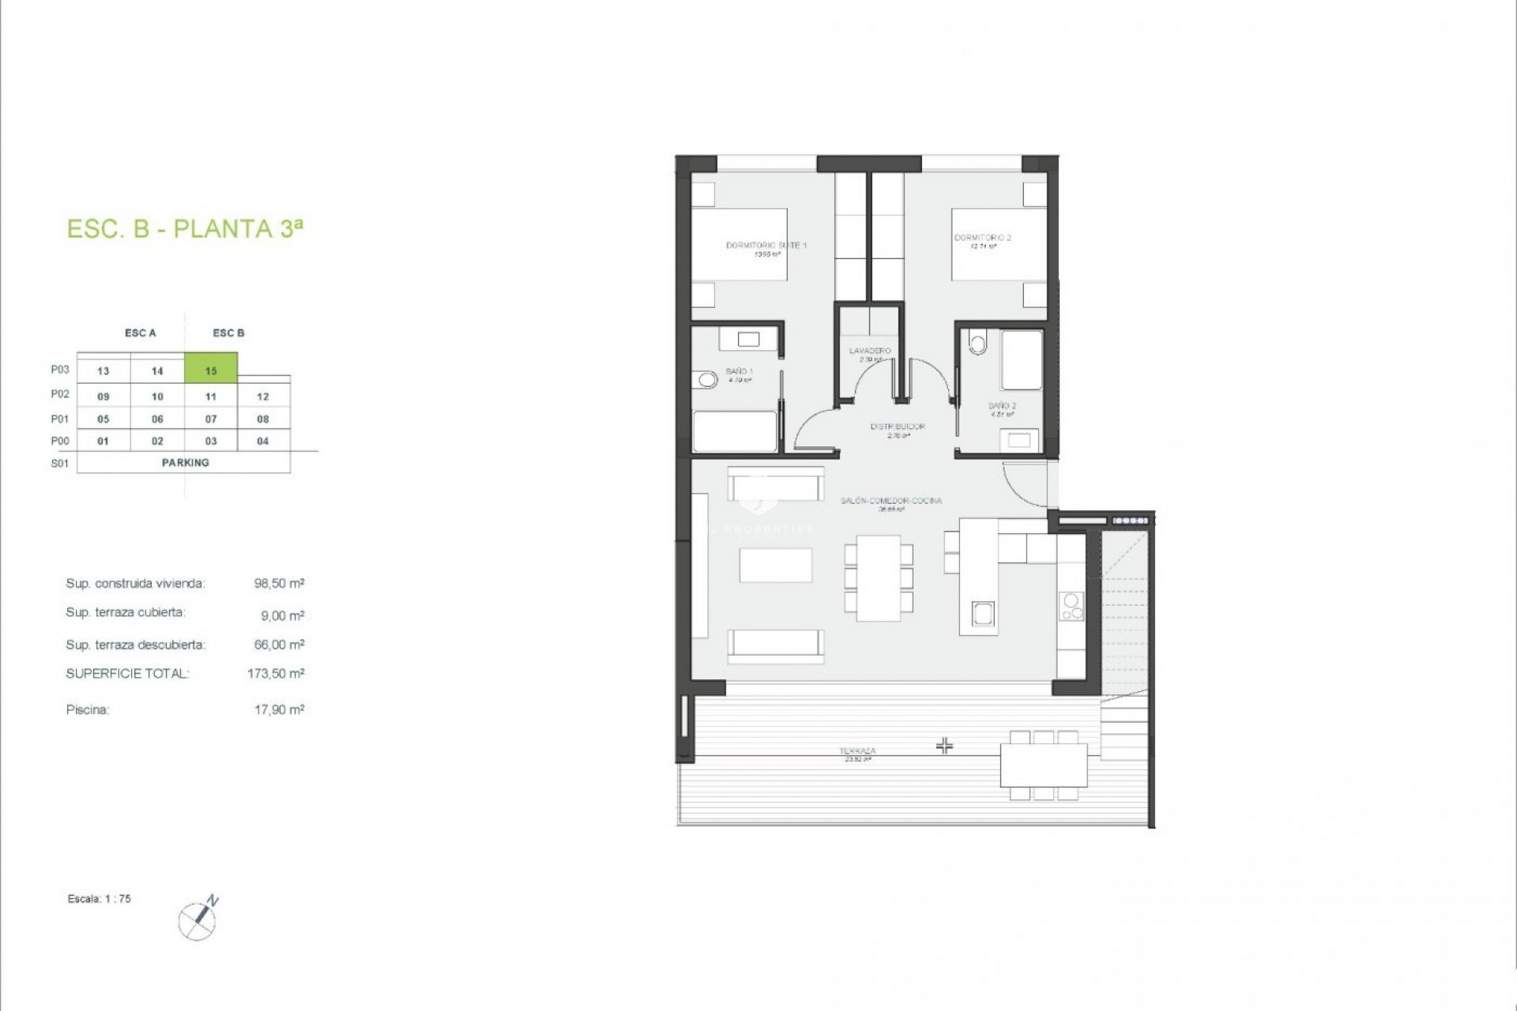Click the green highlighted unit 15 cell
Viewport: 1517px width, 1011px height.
pos(211,369)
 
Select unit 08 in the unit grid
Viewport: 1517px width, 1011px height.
pos(263,419)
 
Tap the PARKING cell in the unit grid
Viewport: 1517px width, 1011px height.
pos(185,463)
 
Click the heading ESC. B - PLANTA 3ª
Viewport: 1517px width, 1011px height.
pos(185,229)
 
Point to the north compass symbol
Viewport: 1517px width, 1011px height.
pos(198,920)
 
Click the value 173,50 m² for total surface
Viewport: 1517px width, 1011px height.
pos(276,674)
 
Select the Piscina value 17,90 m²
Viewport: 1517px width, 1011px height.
pos(279,709)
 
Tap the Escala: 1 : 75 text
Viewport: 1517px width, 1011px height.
pos(100,899)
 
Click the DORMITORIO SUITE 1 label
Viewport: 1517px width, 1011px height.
pos(766,246)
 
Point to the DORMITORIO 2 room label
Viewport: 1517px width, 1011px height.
pos(982,238)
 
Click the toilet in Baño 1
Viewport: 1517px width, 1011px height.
pos(706,381)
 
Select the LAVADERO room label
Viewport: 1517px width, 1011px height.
pos(870,351)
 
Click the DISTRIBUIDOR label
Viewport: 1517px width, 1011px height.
pos(898,427)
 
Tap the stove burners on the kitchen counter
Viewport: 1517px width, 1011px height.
pos(1072,606)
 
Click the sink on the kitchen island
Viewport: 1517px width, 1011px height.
pos(983,613)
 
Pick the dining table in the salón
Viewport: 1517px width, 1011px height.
pos(878,578)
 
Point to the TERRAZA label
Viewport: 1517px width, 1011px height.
pos(858,751)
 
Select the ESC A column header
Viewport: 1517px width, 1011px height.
pos(141,333)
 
